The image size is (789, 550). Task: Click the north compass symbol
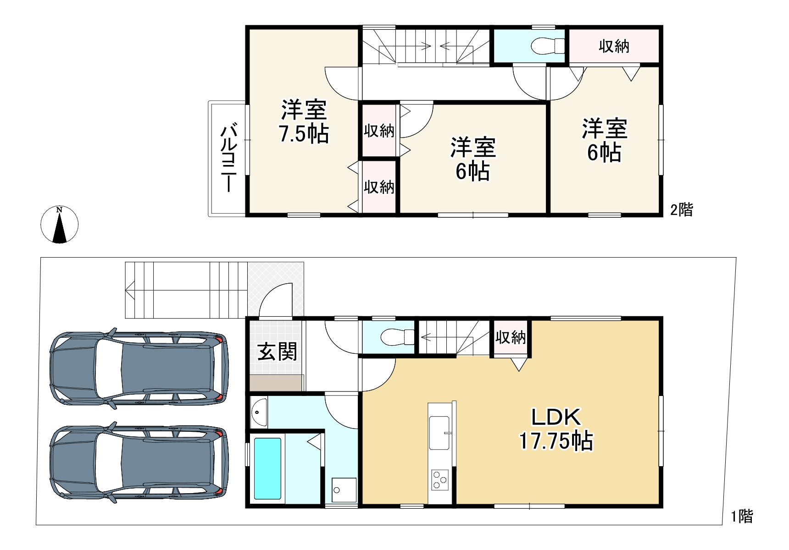(x=59, y=225)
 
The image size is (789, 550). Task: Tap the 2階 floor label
(x=682, y=210)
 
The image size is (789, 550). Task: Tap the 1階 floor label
(x=742, y=517)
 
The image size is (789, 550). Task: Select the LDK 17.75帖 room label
(x=556, y=429)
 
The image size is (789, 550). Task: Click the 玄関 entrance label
(x=277, y=352)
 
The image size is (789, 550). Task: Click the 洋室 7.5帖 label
(x=304, y=122)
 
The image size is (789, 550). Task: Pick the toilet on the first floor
(x=397, y=337)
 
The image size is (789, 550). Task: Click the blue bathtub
(x=267, y=468)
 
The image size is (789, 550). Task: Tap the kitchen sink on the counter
(x=439, y=433)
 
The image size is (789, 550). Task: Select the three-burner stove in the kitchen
(x=439, y=480)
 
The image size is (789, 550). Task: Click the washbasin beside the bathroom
(x=259, y=412)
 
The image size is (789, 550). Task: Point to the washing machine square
(x=344, y=490)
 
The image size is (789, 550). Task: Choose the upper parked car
(x=139, y=368)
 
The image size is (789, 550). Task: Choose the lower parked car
(x=139, y=462)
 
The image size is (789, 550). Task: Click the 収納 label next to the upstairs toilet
(x=614, y=46)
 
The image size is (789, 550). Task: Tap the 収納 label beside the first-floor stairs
(x=511, y=338)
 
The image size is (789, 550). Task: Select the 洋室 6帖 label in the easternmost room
(x=605, y=140)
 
